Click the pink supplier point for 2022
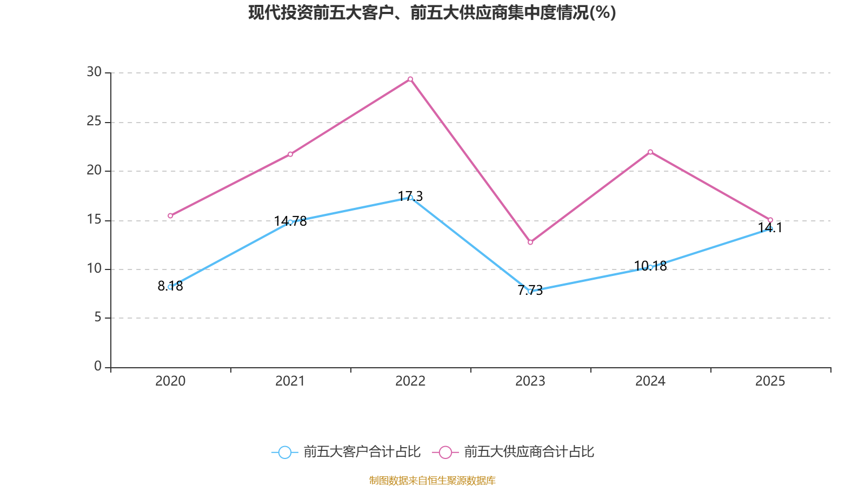click(x=410, y=79)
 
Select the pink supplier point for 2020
click(x=170, y=215)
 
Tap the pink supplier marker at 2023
click(x=530, y=242)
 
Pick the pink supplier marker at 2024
click(x=650, y=152)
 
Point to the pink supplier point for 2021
click(x=290, y=154)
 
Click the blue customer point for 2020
click(x=170, y=287)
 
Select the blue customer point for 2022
click(x=410, y=198)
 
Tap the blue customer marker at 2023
click(x=530, y=291)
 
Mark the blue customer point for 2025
click(x=770, y=229)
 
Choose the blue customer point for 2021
click(x=290, y=222)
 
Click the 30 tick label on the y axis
click(x=94, y=72)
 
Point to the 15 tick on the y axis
click(x=94, y=219)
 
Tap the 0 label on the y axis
click(x=98, y=366)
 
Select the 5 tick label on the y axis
click(x=98, y=318)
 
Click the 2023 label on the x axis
click(x=530, y=381)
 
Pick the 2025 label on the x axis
click(x=770, y=381)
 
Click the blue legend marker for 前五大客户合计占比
click(x=284, y=452)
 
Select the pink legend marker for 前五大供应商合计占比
click(x=445, y=452)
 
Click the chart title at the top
click(x=432, y=12)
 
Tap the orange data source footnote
click(x=432, y=480)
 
